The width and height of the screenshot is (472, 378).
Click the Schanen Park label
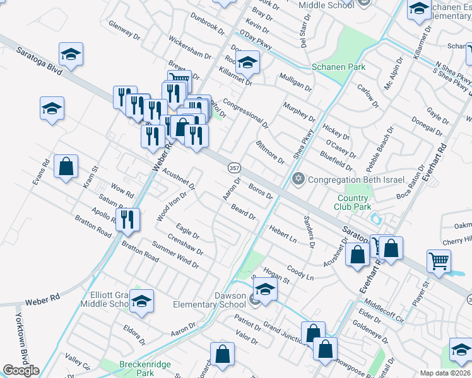[338, 67]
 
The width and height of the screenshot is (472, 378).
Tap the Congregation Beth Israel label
[356, 180]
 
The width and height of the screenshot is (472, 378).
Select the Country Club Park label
[353, 202]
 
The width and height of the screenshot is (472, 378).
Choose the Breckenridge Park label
[137, 368]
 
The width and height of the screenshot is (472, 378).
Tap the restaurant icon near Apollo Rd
[128, 219]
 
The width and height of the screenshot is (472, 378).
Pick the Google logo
[21, 370]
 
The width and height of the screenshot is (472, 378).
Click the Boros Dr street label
[260, 191]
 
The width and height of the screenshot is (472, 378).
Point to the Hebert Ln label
[283, 233]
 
